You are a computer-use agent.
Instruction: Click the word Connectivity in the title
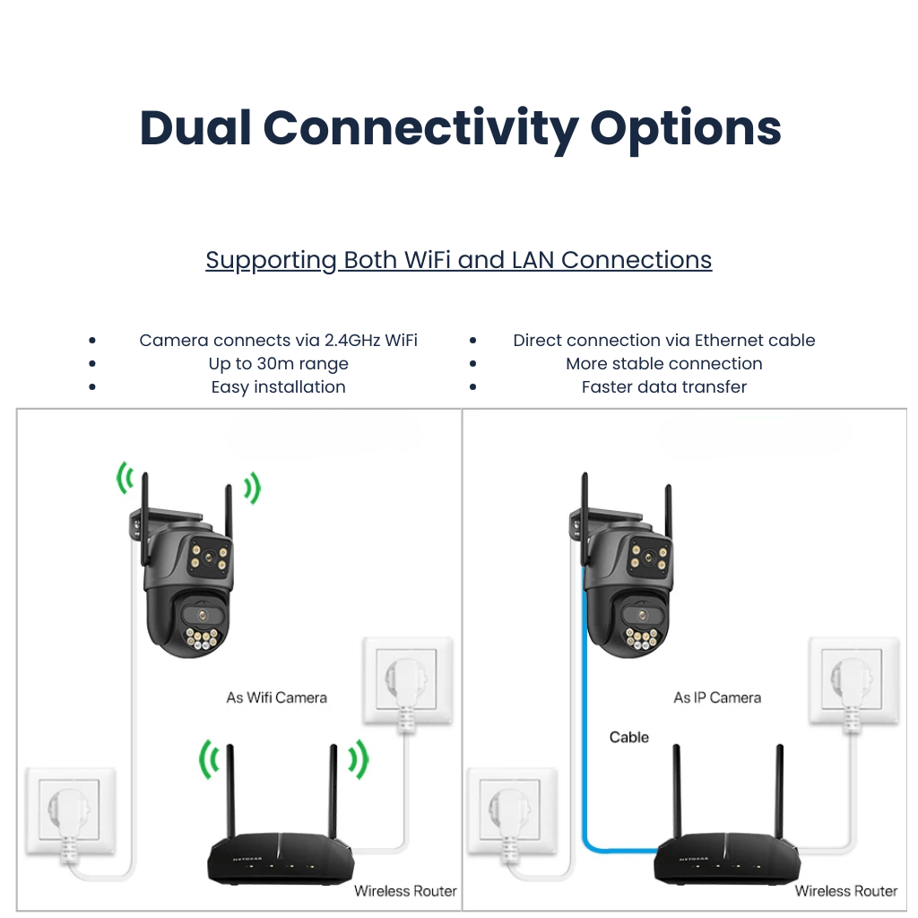tap(420, 128)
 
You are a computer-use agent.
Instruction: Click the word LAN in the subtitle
tap(533, 260)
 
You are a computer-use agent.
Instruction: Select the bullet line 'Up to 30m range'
tap(278, 364)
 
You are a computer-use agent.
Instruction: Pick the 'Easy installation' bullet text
tap(278, 387)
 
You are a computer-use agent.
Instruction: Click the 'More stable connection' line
tap(663, 364)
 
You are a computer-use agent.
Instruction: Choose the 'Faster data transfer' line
tap(663, 387)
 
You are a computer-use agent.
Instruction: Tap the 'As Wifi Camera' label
tap(276, 697)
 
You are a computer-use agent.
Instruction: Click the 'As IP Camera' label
tap(717, 697)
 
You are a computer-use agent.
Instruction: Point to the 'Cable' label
tap(628, 737)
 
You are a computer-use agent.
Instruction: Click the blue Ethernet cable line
tap(585, 717)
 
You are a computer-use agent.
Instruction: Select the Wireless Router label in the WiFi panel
tap(405, 891)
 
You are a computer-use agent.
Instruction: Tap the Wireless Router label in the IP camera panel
tap(845, 891)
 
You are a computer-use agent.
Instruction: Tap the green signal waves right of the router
tap(358, 760)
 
